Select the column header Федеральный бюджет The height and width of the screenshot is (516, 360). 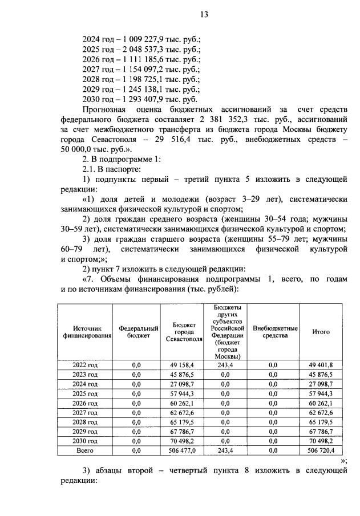coord(138,332)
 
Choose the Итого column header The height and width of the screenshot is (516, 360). coord(321,332)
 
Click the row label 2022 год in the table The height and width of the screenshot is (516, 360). coord(85,365)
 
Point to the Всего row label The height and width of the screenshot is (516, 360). coord(85,450)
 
